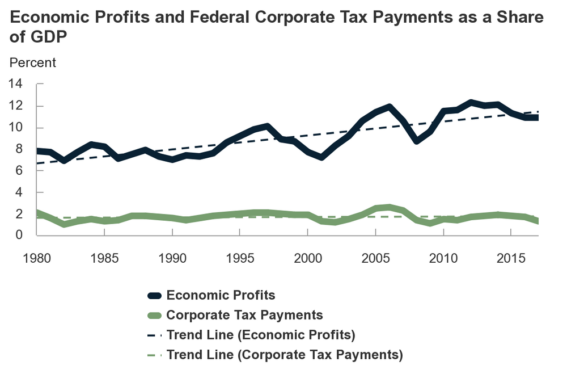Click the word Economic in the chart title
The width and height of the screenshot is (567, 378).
tap(46, 18)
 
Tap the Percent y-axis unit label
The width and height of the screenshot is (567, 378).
tap(33, 62)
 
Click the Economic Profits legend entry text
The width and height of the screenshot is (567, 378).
tap(221, 295)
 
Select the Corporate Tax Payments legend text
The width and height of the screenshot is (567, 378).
tap(244, 315)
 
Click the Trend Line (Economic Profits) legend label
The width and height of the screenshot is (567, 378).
tap(261, 335)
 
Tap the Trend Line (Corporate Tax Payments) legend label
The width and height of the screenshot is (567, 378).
tap(285, 355)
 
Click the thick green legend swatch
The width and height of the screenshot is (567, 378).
tap(154, 316)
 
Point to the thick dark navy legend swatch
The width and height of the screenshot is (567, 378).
tap(154, 296)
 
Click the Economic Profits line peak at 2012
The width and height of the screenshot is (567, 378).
tap(470, 103)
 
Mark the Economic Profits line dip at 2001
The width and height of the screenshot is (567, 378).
tap(321, 157)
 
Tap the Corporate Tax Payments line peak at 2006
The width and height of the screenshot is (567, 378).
tap(389, 207)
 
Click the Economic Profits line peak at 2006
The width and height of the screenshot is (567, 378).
tap(389, 107)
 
